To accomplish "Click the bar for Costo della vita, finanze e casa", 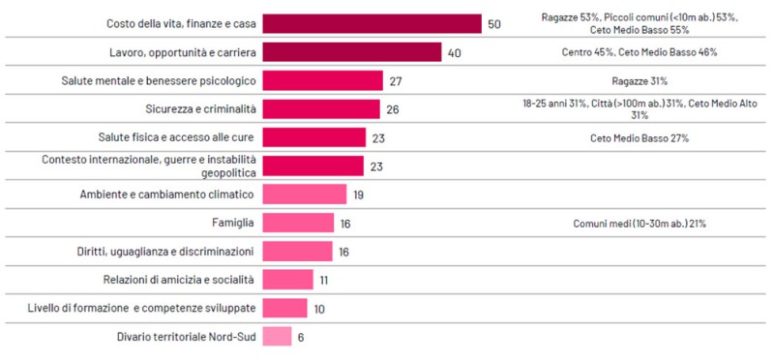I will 372,24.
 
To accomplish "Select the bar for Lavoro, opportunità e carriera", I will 352,52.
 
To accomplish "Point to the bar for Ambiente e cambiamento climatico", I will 305,195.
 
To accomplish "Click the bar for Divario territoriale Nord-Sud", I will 277,337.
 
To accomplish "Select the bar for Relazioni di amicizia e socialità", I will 288,280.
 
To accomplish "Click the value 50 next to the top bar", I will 493,24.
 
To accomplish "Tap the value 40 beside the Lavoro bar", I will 454,52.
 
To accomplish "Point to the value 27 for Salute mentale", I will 393,80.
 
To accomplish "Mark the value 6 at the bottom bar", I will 300,337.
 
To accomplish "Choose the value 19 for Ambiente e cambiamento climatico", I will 359,195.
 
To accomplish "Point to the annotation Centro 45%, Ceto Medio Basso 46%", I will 640,52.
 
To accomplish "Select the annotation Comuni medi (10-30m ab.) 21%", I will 640,224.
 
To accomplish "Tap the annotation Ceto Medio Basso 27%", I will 640,138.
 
